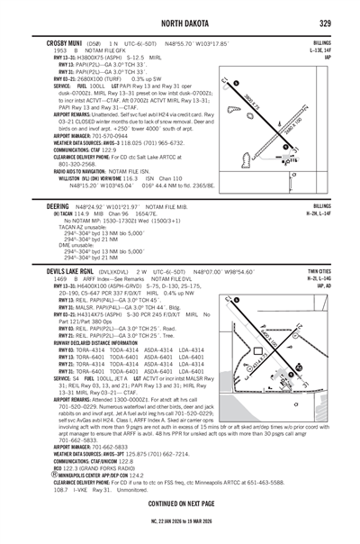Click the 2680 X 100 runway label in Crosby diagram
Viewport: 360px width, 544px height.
[286, 122]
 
